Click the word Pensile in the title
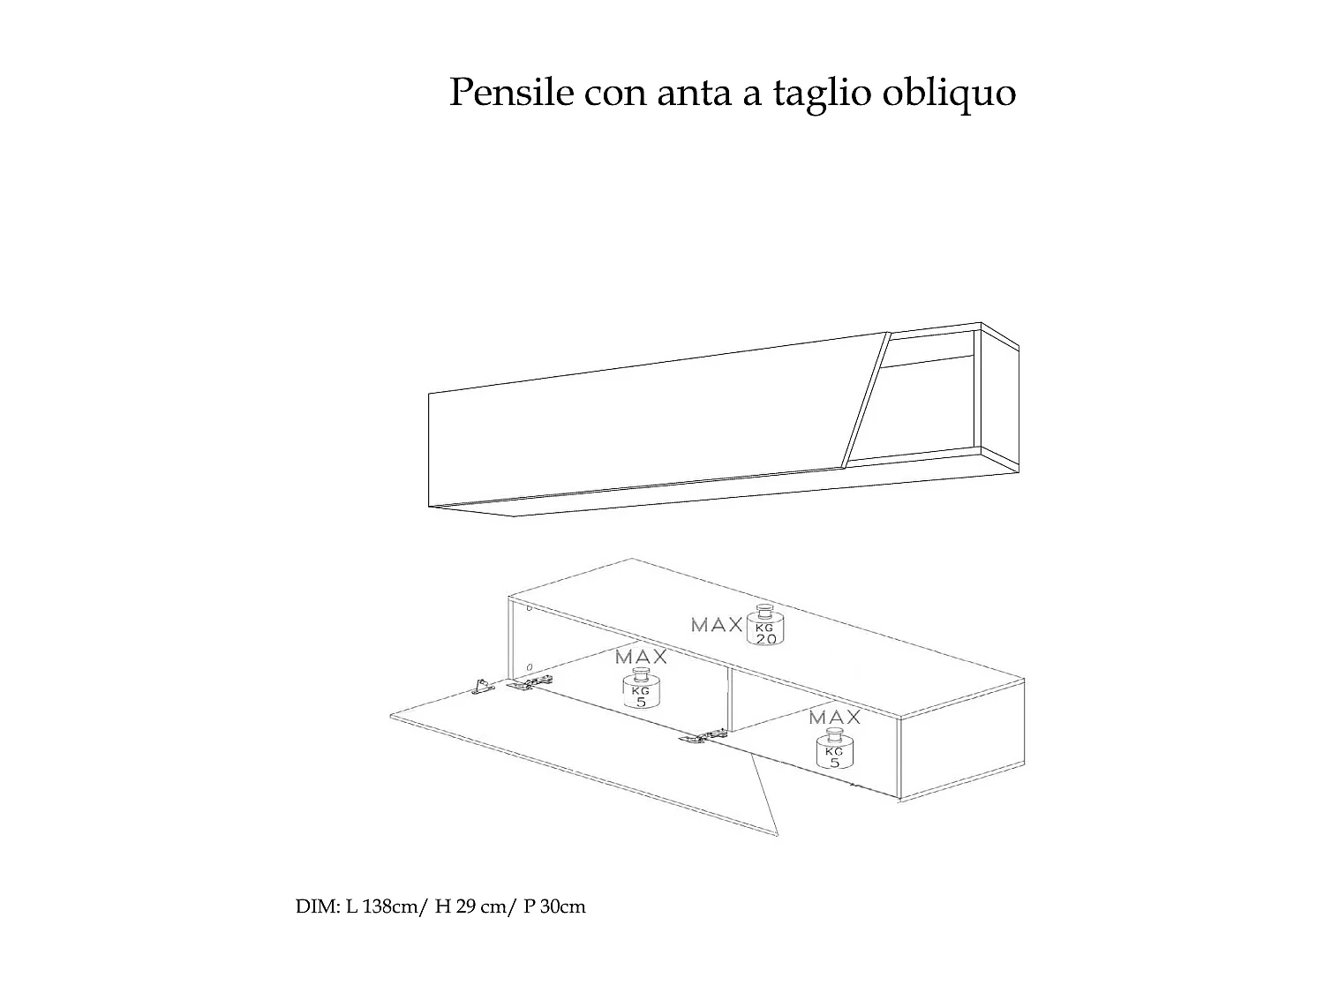point(511,93)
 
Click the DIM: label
point(314,906)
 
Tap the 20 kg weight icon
point(765,626)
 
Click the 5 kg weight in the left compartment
point(642,689)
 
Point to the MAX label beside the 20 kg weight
point(717,625)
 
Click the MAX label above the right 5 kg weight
point(834,716)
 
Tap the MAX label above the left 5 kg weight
point(641,657)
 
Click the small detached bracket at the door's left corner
point(482,686)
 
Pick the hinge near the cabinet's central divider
point(703,736)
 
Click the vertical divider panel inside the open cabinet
point(729,697)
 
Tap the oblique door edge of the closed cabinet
point(865,397)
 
